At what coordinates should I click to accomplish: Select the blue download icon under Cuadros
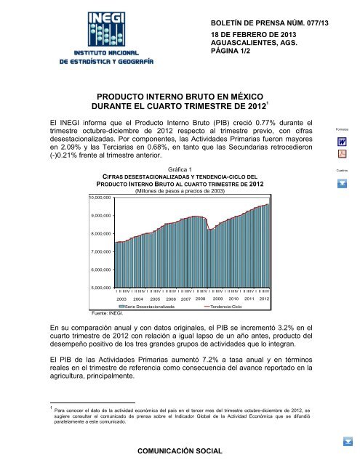[x=341, y=182]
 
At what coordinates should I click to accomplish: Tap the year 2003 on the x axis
[x=122, y=299]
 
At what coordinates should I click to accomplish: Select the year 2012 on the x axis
[x=264, y=299]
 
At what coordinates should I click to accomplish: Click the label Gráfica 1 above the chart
[x=178, y=169]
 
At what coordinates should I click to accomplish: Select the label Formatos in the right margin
[x=341, y=129]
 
